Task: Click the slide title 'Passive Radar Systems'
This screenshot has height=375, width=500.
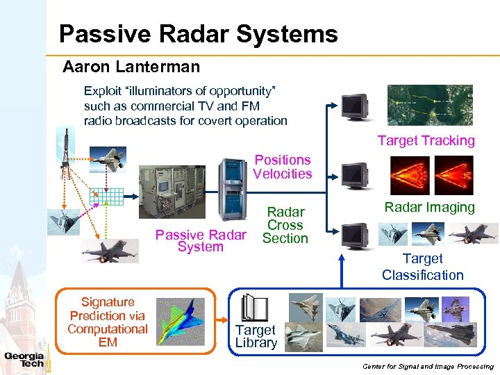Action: pyautogui.click(x=198, y=33)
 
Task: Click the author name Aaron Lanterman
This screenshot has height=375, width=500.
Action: pyautogui.click(x=131, y=67)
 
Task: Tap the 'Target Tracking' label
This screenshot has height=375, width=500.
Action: pyautogui.click(x=426, y=141)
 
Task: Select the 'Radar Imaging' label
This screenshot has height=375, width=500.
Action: pyautogui.click(x=429, y=207)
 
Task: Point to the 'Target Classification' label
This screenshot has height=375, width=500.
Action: pyautogui.click(x=422, y=267)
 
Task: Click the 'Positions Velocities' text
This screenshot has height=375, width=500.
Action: pyautogui.click(x=282, y=167)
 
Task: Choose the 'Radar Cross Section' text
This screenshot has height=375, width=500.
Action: pyautogui.click(x=285, y=225)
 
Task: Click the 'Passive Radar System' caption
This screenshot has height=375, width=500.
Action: pyautogui.click(x=200, y=240)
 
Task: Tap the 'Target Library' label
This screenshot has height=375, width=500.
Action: pyautogui.click(x=256, y=337)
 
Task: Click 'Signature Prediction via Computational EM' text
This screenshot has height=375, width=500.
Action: pyautogui.click(x=108, y=322)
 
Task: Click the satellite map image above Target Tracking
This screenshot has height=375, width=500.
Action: pyautogui.click(x=430, y=105)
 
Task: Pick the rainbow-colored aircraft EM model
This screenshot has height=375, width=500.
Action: pyautogui.click(x=181, y=320)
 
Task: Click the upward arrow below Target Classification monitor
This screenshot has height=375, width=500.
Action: pyautogui.click(x=342, y=271)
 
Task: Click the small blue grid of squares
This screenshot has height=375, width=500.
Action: pyautogui.click(x=111, y=198)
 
